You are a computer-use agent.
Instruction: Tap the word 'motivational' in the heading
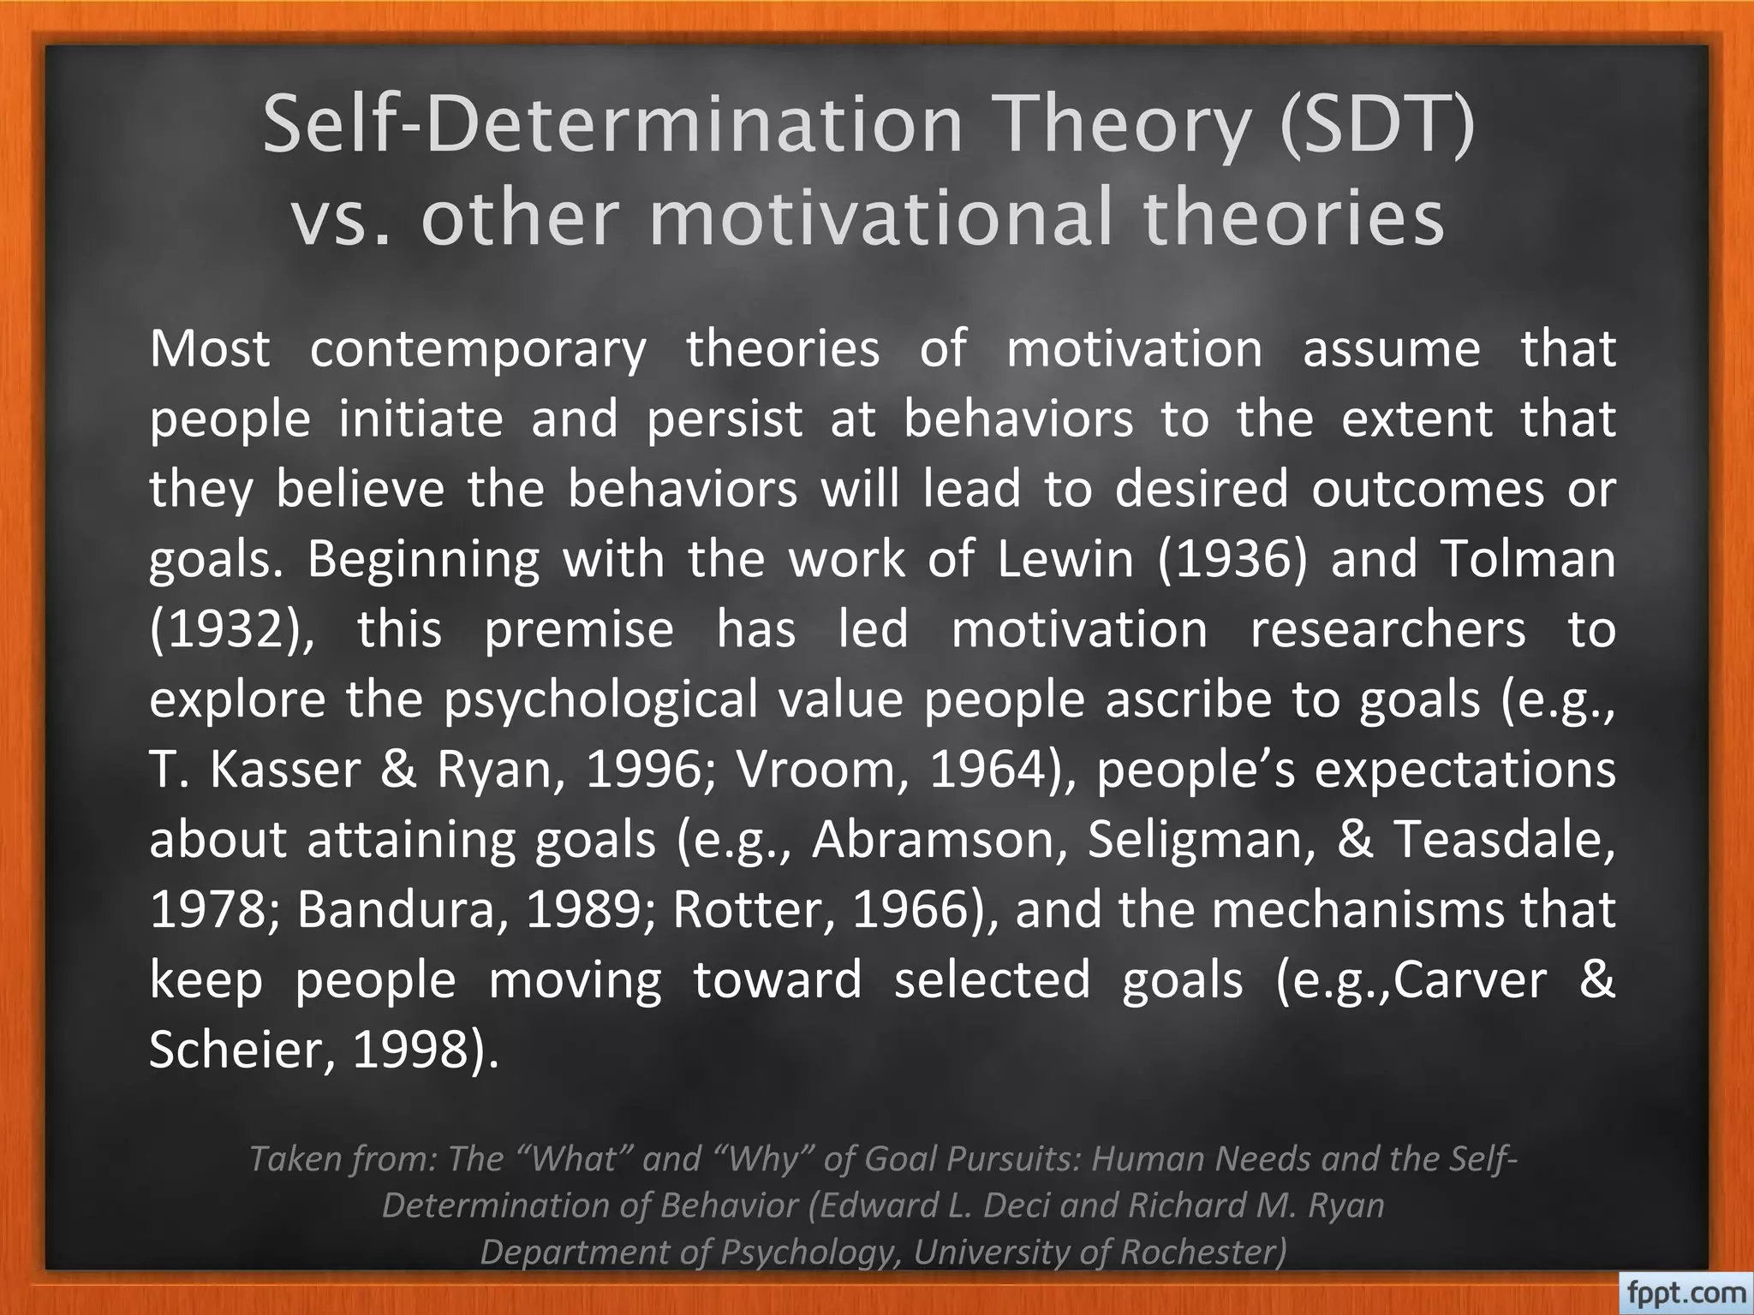point(882,217)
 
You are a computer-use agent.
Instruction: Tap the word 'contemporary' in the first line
point(478,349)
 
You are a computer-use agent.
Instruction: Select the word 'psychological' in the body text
point(600,700)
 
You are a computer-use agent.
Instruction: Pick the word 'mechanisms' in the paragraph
point(1357,910)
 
